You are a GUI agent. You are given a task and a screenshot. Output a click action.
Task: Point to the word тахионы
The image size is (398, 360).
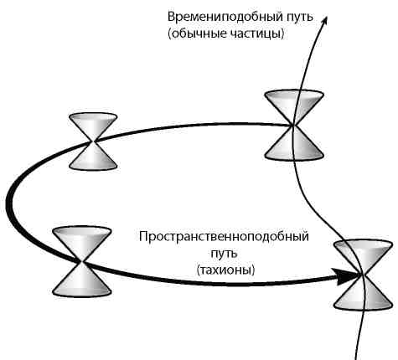226,270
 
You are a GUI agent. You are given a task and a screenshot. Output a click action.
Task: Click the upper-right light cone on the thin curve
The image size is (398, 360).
293,126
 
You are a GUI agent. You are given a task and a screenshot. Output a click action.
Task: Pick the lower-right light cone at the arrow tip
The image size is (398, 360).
361,274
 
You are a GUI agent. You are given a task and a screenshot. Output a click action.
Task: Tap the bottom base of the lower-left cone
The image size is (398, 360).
81,290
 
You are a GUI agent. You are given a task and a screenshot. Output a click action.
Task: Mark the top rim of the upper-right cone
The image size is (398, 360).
293,98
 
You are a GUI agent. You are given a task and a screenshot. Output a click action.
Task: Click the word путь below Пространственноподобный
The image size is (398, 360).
225,253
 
